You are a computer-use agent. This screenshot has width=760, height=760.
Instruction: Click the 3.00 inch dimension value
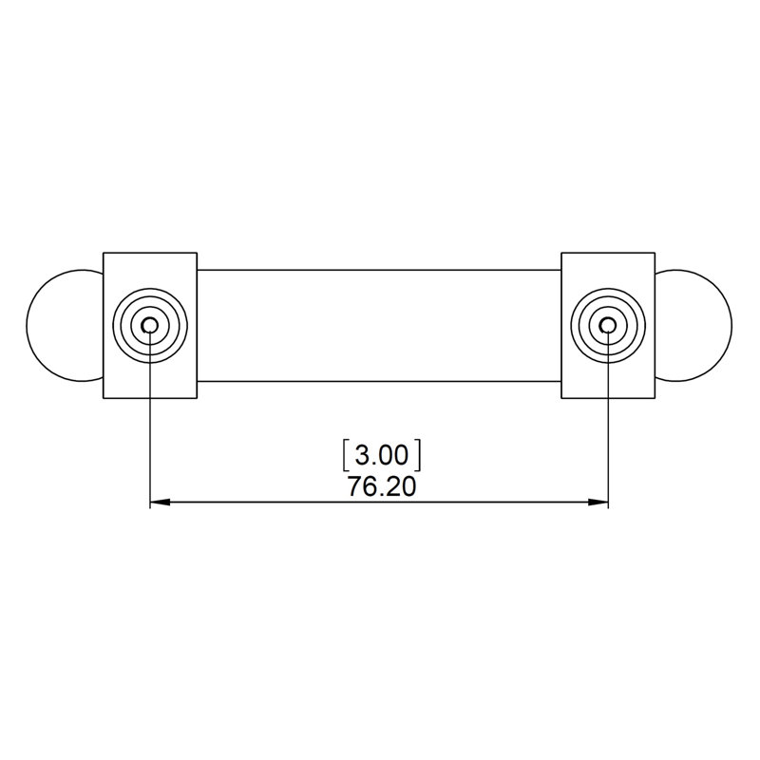point(382,456)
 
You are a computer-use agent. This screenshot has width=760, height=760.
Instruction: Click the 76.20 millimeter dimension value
point(382,486)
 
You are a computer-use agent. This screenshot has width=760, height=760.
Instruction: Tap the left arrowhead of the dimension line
point(161,503)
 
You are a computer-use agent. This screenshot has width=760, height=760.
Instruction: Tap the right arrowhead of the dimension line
point(598,503)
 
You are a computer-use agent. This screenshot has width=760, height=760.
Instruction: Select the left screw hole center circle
point(150,325)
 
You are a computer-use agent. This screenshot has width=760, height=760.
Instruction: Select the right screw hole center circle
point(607,325)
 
